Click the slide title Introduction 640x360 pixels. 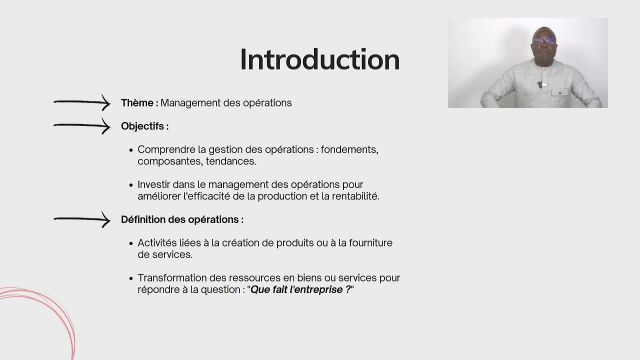pyautogui.click(x=319, y=59)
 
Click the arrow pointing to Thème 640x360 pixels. pyautogui.click(x=81, y=101)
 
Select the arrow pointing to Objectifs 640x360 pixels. pyautogui.click(x=81, y=126)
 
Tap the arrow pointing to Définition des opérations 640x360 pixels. pyautogui.click(x=81, y=219)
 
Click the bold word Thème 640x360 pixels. pyautogui.click(x=138, y=102)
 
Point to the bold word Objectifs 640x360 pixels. pyautogui.click(x=144, y=127)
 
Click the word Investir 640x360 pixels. pyautogui.click(x=157, y=184)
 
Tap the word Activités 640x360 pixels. pyautogui.click(x=161, y=242)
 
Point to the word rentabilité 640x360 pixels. pyautogui.click(x=349, y=196)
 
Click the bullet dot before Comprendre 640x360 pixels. pyautogui.click(x=131, y=150)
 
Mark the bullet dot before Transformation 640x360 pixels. pyautogui.click(x=131, y=277)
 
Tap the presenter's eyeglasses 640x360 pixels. pyautogui.click(x=544, y=40)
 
